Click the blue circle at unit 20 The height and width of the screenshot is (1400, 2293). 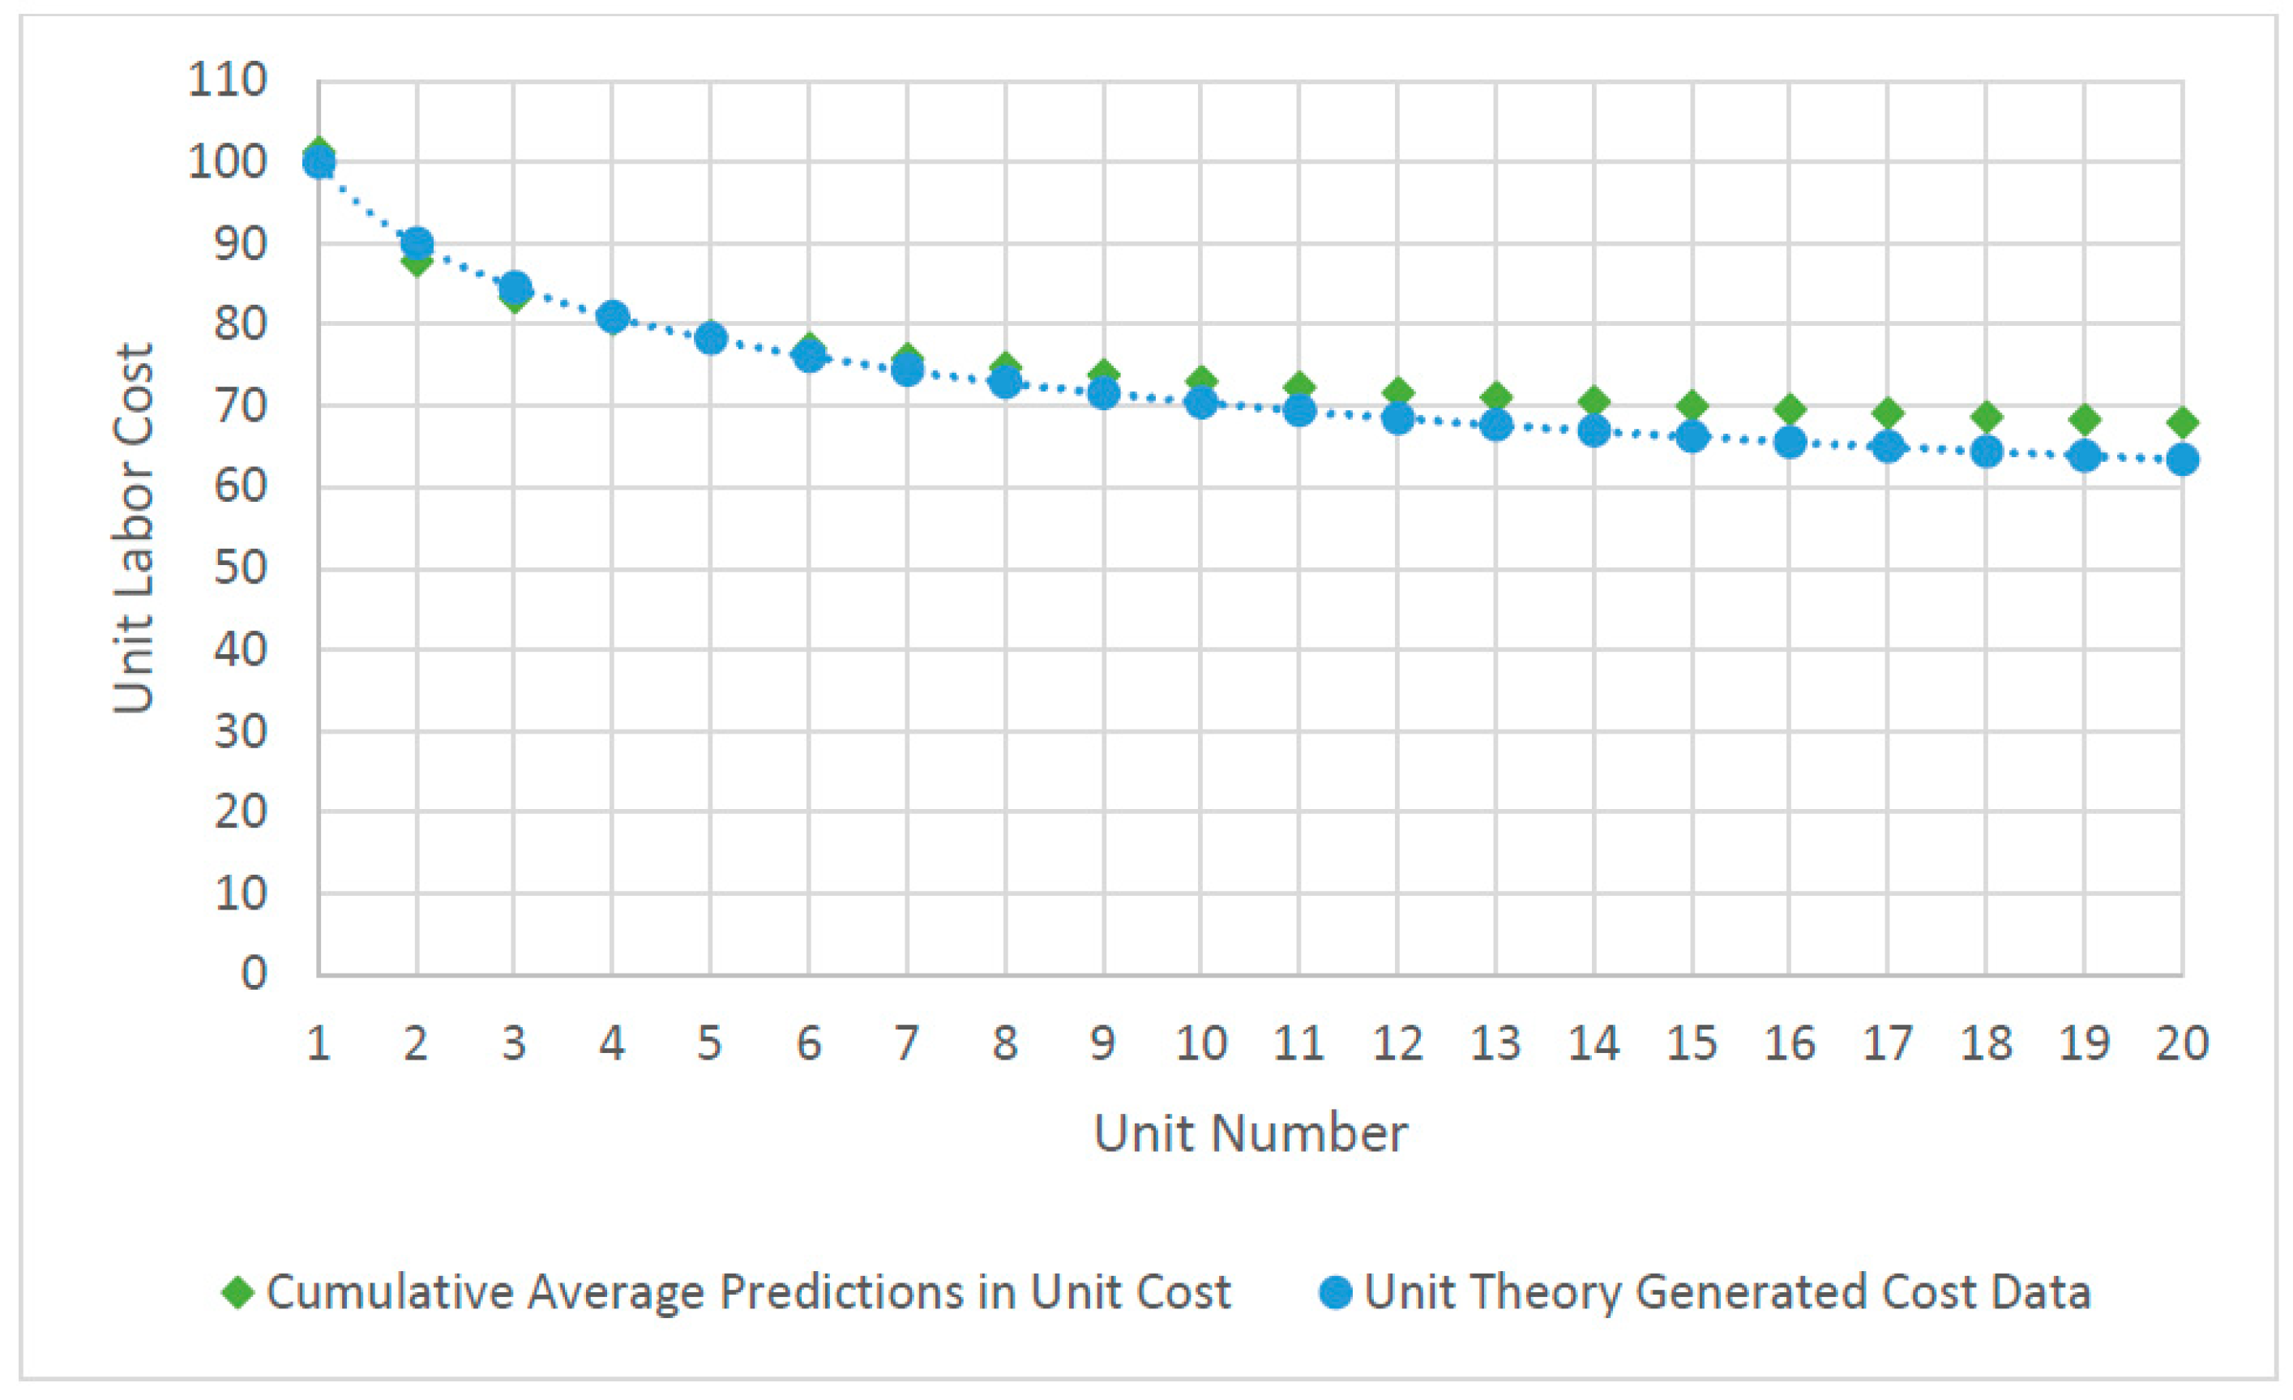coord(2182,460)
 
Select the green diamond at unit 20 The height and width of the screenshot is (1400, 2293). coord(2182,422)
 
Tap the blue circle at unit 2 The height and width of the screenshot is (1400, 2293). coord(417,244)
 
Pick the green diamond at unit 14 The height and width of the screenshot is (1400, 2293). coord(1594,402)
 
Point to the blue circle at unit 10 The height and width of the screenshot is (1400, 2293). coord(1201,403)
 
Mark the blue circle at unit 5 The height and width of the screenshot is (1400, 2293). coord(711,338)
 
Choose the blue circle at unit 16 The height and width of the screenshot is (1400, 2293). coord(1790,442)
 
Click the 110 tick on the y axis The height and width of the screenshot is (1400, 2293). coord(228,81)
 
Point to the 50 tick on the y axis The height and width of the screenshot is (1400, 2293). coord(240,567)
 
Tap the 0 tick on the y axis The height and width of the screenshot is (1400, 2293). coord(253,974)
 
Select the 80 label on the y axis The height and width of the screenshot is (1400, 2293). coord(240,325)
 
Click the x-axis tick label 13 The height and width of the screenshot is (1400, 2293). coord(1495,1044)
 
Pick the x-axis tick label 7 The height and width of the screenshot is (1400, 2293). coord(907,1044)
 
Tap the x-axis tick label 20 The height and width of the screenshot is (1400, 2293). coord(2182,1044)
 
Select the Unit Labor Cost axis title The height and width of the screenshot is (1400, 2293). coord(133,528)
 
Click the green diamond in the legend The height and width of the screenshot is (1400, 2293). coord(238,1292)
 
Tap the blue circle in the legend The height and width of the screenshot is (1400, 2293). coord(1336,1292)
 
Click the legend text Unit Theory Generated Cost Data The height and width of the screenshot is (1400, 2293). coord(1727,1292)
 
